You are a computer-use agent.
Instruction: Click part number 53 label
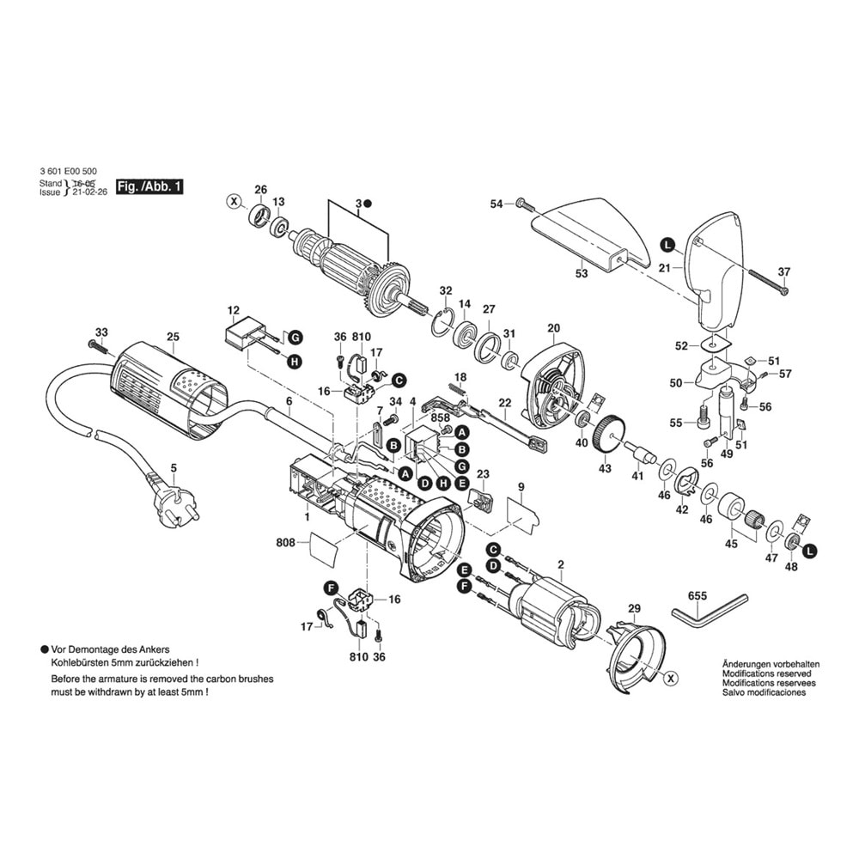pyautogui.click(x=582, y=274)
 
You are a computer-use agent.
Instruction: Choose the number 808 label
pyautogui.click(x=285, y=543)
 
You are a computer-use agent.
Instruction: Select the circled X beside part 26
pyautogui.click(x=233, y=202)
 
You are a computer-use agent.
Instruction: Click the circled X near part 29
pyautogui.click(x=671, y=679)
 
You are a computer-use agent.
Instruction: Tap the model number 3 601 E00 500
pyautogui.click(x=68, y=172)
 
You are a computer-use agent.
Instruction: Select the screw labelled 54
pyautogui.click(x=522, y=204)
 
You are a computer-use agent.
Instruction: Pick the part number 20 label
pyautogui.click(x=553, y=328)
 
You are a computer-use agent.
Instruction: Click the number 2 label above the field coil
pyautogui.click(x=560, y=564)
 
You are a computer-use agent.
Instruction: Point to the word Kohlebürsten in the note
pyautogui.click(x=85, y=663)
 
